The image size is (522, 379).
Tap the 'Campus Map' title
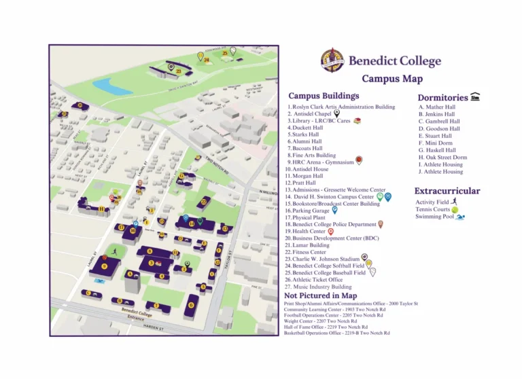(x=391, y=79)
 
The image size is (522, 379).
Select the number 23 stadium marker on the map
(x=178, y=71)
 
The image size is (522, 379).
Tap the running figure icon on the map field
(x=115, y=252)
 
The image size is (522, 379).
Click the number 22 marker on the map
(x=203, y=202)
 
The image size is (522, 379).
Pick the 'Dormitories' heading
(x=442, y=98)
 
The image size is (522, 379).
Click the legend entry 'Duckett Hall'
(x=306, y=128)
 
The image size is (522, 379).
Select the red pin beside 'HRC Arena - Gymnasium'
(x=359, y=161)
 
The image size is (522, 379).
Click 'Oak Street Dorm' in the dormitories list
(x=442, y=157)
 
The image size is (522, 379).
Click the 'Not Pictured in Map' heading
(x=320, y=295)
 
